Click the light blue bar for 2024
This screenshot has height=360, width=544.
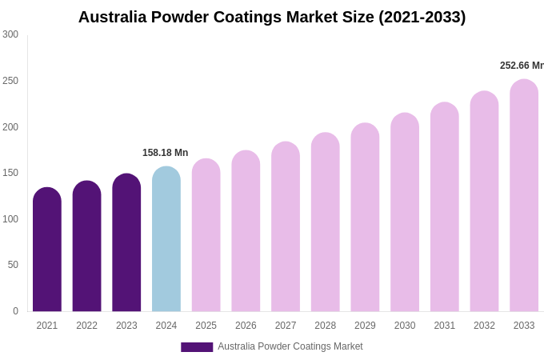166,239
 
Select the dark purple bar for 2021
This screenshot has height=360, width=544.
47,250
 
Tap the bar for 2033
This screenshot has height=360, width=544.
524,195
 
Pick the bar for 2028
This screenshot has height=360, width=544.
326,222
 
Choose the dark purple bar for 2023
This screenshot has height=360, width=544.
126,242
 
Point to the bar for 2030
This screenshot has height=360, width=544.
405,212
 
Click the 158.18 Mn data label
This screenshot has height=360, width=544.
165,153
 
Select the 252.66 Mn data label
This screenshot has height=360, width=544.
521,66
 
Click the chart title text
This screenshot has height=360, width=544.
272,17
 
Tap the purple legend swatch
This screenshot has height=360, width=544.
197,347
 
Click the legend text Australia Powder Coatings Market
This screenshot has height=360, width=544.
290,346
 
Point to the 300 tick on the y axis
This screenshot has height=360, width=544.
10,34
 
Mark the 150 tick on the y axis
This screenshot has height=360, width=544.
10,173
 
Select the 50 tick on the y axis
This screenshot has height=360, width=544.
13,265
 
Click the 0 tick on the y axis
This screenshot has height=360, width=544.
15,311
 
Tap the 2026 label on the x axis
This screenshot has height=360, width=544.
246,326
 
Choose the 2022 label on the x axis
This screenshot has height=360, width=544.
86,326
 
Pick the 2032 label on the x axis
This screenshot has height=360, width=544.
484,326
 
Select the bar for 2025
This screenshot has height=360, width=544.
206,235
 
